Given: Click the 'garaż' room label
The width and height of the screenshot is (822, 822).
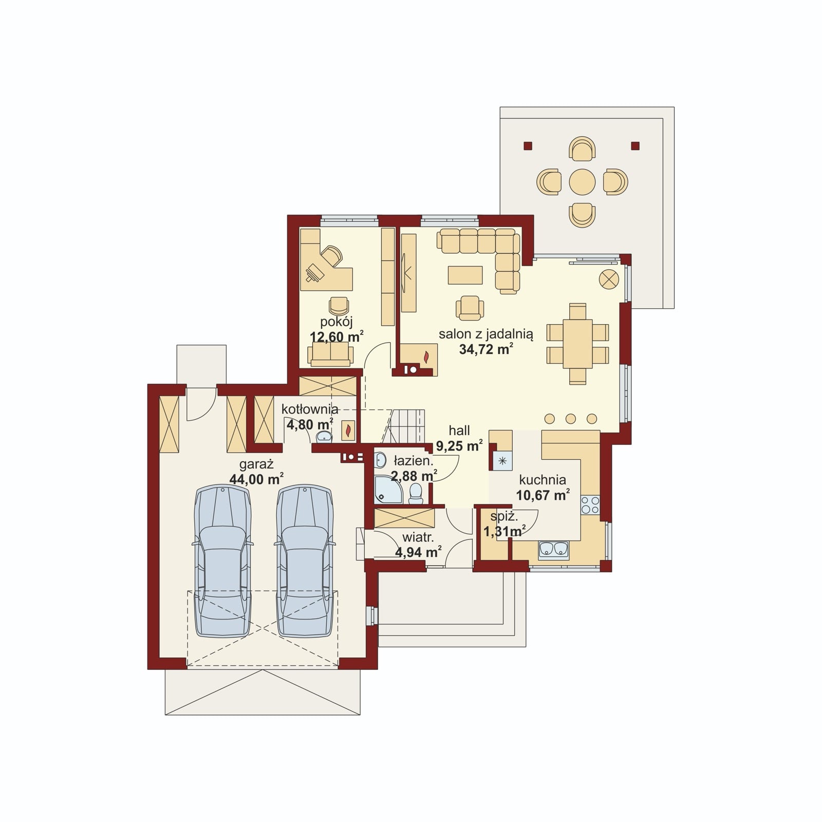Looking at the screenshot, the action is (x=256, y=464).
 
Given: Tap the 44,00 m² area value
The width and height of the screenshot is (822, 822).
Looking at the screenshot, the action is (x=256, y=479).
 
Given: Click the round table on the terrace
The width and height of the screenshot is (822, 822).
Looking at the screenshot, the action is (x=582, y=181).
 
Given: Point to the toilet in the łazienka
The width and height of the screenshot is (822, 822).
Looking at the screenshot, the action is (x=416, y=494).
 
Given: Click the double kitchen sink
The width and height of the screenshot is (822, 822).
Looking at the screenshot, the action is (x=553, y=549).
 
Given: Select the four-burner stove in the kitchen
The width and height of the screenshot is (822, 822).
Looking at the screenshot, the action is (x=590, y=505).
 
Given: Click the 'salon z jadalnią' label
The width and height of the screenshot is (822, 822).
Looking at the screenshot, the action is (x=486, y=334).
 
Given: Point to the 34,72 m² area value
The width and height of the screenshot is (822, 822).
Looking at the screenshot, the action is (x=486, y=349).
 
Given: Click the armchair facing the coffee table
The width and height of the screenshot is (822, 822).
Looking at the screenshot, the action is (x=470, y=307).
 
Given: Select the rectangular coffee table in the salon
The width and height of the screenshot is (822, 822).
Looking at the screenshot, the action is (x=465, y=275).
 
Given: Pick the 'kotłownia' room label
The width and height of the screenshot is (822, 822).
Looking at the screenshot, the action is (x=310, y=409).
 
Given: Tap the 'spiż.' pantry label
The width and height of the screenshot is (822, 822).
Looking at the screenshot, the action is (x=503, y=517).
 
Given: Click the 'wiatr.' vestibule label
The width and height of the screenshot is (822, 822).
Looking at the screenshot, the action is (x=418, y=538).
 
